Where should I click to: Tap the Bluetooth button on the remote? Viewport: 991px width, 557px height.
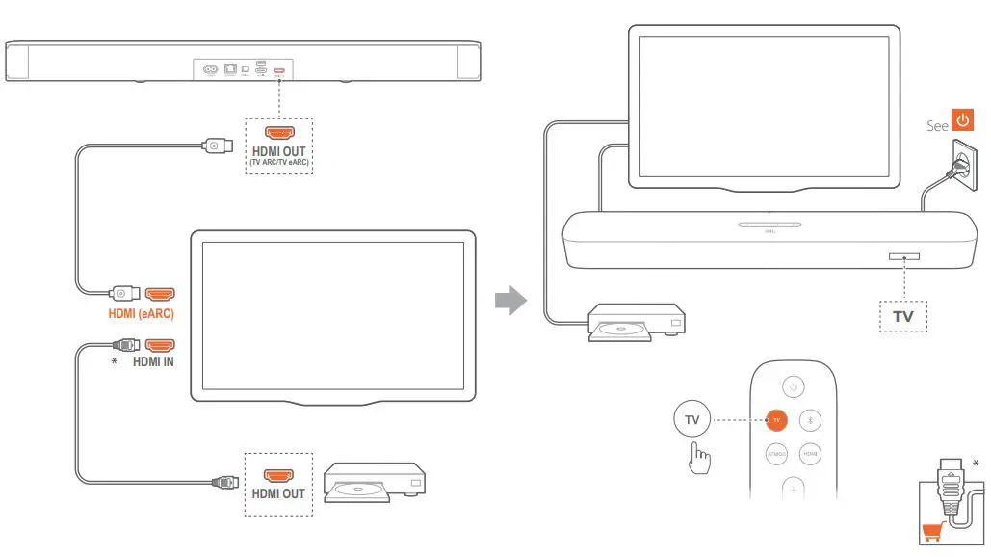pos(810,419)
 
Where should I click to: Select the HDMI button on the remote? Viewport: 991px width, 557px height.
pos(810,453)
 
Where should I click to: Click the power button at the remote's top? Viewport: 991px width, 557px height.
pos(794,386)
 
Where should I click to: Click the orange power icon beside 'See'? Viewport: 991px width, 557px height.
pos(963,123)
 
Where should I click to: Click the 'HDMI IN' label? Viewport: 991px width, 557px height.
pos(154,362)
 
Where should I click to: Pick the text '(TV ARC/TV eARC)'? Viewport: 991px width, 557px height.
pos(278,164)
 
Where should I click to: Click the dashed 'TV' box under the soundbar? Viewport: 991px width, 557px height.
pos(903,316)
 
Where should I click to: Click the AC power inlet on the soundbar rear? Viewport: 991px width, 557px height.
pos(207,69)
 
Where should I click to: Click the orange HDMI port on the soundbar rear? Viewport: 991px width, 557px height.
pos(279,70)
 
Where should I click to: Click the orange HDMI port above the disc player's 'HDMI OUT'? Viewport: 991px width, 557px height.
pos(278,475)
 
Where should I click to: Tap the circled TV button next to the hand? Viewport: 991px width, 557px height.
pos(692,419)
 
